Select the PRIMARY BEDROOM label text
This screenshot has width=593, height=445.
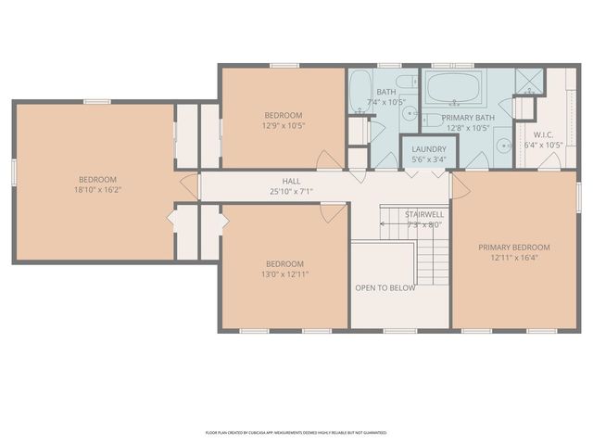tap(514, 248)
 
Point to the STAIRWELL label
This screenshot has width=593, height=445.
tap(423, 214)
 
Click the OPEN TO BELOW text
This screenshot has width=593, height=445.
tap(385, 287)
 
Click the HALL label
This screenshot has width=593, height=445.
tap(291, 182)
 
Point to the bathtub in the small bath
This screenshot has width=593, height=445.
tap(360, 89)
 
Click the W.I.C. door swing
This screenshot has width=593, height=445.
tap(549, 161)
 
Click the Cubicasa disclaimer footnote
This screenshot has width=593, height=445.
tap(296, 432)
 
